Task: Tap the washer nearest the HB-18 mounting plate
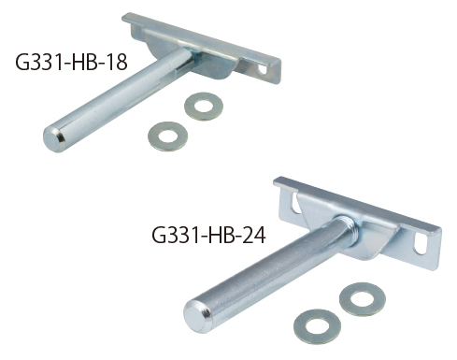[200, 106]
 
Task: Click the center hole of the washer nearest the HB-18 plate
[200, 106]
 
